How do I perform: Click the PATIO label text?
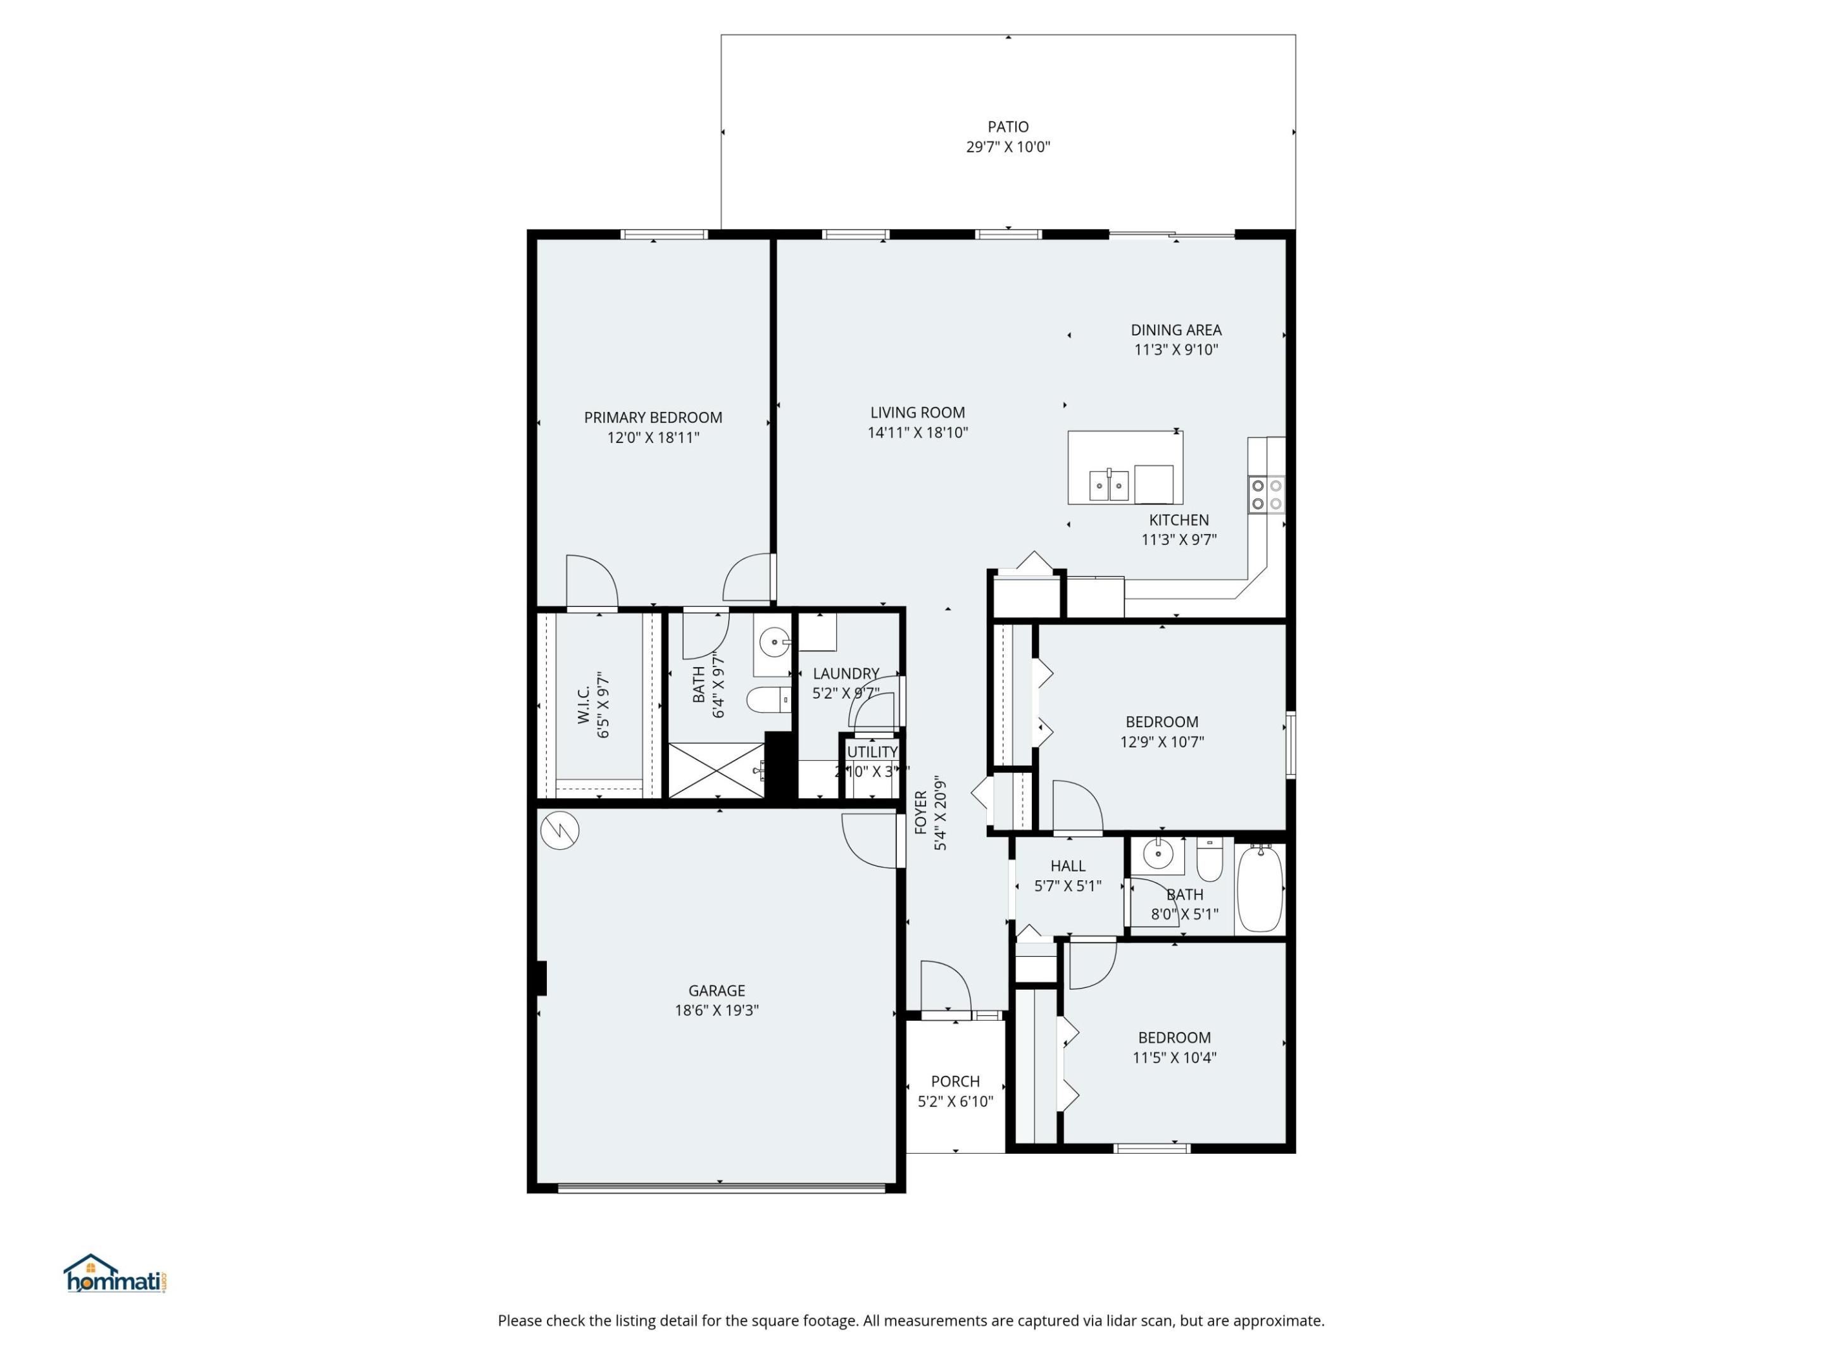1008,127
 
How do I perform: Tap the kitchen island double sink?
1108,485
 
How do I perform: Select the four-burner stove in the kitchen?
1266,494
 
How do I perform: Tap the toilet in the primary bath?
767,701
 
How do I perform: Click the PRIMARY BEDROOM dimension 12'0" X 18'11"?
653,437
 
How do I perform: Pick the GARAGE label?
716,990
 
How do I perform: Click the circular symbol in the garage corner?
560,830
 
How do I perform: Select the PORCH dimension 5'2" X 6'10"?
955,1101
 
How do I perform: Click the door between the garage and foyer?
870,840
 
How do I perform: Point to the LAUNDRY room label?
846,673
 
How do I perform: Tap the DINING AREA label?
1175,330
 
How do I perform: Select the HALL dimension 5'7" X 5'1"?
1067,886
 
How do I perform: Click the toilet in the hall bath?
1209,861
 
